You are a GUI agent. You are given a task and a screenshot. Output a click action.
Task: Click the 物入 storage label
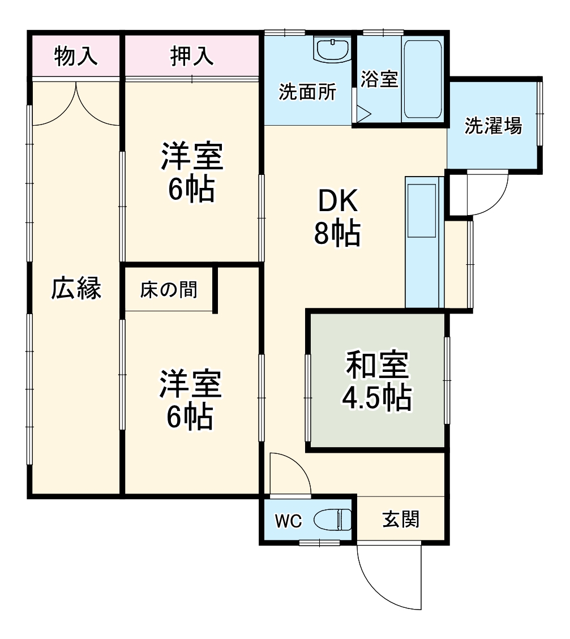pos(76,57)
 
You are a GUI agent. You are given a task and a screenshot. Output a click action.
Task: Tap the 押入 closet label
pos(192,57)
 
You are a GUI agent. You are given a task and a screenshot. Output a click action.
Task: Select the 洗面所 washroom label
pos(307,92)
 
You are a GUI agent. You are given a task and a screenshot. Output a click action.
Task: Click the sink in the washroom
pos(332,51)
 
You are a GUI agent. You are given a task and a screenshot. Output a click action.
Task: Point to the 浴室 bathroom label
pos(379,79)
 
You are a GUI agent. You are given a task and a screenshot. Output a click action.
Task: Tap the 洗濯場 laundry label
pos(493,126)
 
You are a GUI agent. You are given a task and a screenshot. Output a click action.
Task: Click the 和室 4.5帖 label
pos(376,381)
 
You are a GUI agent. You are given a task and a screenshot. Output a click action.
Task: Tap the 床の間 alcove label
pos(169,290)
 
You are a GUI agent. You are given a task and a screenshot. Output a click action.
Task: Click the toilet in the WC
pos(332,519)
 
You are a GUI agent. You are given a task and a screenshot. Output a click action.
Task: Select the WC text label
pos(289,521)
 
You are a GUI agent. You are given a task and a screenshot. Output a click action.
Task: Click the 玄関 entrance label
pos(401,519)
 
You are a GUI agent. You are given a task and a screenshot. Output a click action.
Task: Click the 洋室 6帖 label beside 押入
pos(192,173)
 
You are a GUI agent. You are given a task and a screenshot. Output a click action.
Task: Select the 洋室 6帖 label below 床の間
pos(190,400)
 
